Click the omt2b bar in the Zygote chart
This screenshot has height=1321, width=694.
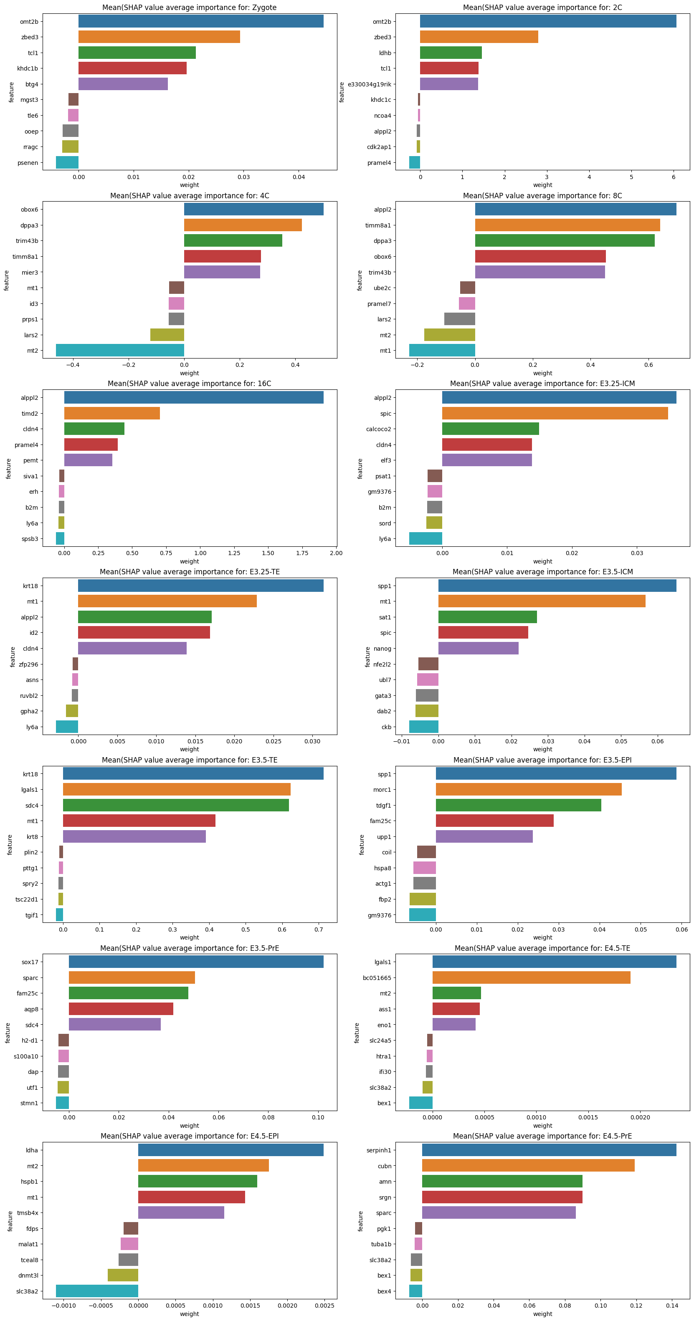pos(200,21)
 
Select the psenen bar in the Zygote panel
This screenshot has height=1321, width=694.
pos(67,162)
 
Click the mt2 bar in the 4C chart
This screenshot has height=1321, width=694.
pos(120,350)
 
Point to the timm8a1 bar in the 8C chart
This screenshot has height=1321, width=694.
pos(567,225)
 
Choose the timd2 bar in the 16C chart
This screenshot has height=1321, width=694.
pos(112,413)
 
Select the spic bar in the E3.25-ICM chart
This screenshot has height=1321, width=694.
pos(555,413)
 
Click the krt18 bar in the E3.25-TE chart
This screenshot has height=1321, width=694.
pos(200,586)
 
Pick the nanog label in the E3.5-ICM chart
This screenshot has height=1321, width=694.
pos(382,649)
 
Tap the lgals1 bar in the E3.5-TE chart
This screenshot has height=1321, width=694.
pos(177,790)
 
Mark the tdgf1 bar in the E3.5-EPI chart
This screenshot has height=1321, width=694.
pos(518,806)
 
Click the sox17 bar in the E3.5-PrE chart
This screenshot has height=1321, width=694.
pos(196,962)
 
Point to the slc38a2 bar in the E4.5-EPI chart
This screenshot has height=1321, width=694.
pos(97,1291)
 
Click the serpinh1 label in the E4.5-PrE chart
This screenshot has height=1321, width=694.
pos(379,1150)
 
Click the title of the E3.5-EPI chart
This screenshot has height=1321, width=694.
pos(542,760)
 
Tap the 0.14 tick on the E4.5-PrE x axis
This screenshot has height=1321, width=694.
pos(672,1306)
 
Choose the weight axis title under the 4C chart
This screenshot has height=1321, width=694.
pos(189,373)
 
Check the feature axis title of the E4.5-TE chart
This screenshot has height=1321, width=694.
pos(357,1033)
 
